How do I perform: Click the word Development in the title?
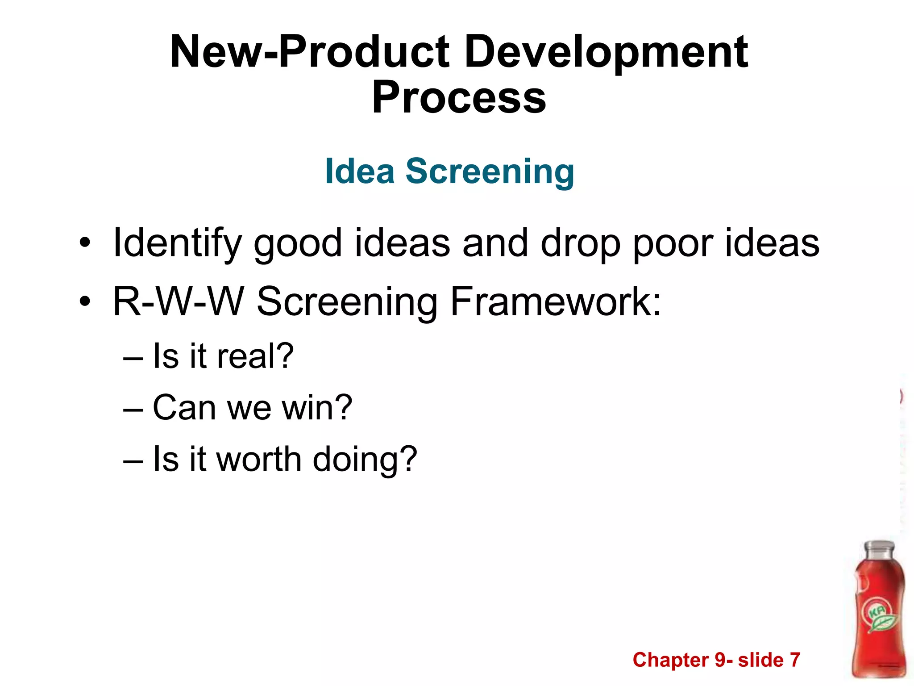(x=606, y=53)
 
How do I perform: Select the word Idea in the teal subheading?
(x=360, y=171)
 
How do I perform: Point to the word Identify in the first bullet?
(x=178, y=244)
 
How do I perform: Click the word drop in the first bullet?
(x=580, y=244)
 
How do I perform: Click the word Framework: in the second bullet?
(x=556, y=302)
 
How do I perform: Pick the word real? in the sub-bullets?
(x=255, y=356)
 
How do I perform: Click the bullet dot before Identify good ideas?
(x=85, y=244)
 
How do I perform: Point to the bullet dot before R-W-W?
(x=85, y=303)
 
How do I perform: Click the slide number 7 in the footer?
(x=795, y=660)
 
